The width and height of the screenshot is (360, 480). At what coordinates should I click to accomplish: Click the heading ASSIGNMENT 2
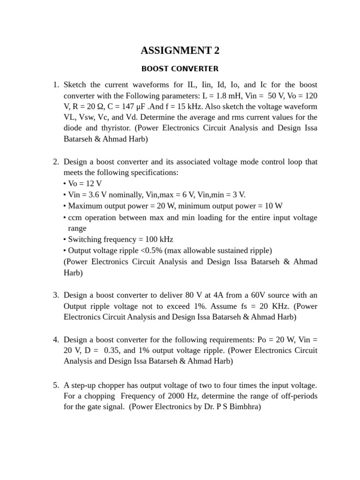coord(180,51)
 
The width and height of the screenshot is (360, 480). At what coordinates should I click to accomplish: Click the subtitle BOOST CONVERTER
coord(180,69)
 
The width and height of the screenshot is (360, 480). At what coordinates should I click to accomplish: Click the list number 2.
coord(55,162)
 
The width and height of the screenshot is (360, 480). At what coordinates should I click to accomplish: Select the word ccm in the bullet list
coord(75,217)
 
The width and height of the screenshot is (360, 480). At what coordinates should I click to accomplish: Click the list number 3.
coord(55,295)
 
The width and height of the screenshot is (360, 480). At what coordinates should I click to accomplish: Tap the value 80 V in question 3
coord(225,295)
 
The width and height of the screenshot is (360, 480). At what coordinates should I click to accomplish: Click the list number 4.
coord(55,339)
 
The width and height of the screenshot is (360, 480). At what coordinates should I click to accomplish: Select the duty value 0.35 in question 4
coord(111,350)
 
